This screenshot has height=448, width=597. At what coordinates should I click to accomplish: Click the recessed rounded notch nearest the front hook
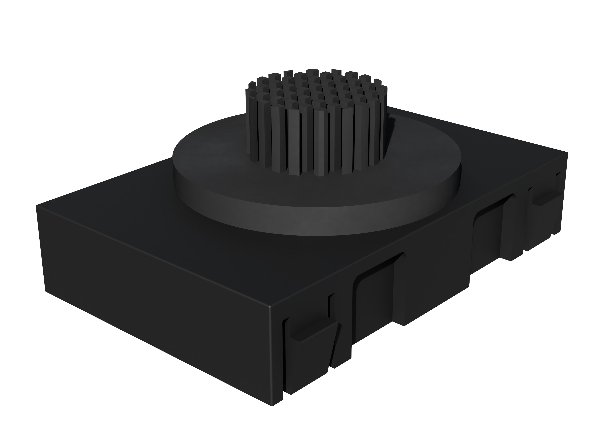375,300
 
